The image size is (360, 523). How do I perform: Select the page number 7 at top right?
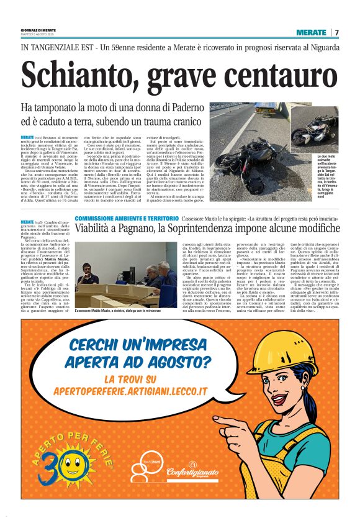pyautogui.click(x=336, y=32)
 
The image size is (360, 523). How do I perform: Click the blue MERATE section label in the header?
pyautogui.click(x=311, y=32)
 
